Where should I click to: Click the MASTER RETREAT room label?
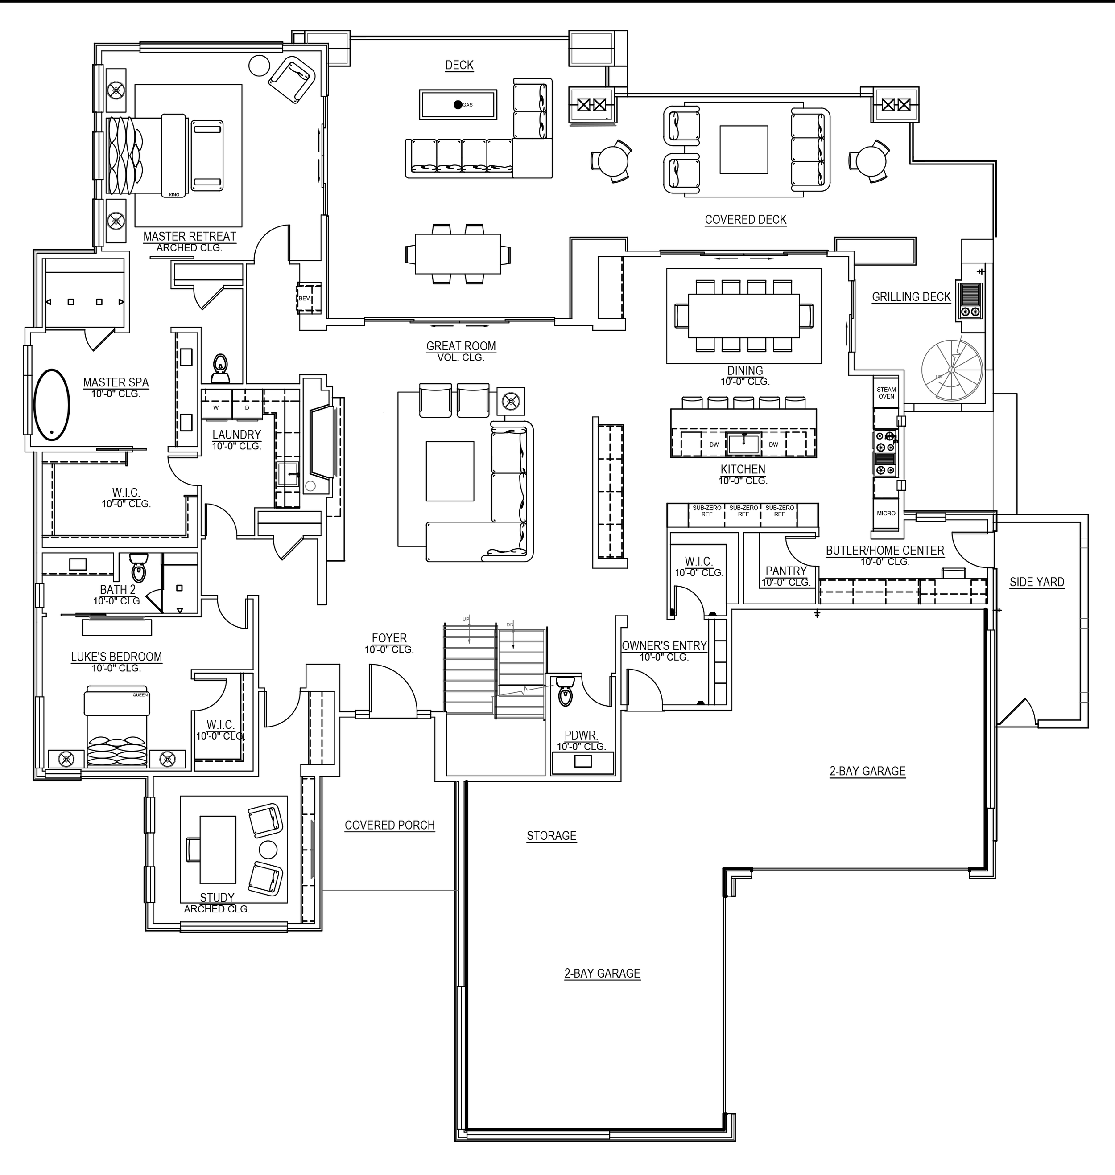point(190,236)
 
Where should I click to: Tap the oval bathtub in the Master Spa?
point(52,405)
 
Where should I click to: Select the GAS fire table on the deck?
point(458,105)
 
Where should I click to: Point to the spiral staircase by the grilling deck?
point(952,370)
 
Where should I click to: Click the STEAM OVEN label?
point(886,393)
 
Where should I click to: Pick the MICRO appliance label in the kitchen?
point(886,513)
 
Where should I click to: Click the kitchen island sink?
point(743,443)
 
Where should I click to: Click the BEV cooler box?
point(304,298)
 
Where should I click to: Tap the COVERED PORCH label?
point(389,825)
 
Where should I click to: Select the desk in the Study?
point(218,850)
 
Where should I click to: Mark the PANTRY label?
point(786,571)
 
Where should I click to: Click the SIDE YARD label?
point(1037,582)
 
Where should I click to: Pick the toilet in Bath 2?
point(139,569)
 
